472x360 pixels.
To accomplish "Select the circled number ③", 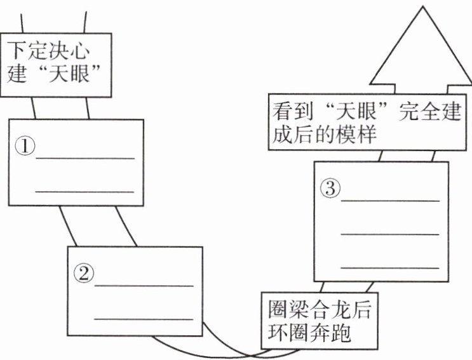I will (x=330, y=189).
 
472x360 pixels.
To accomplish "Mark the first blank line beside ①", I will (x=85, y=157).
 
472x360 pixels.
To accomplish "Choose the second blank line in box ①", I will (x=85, y=190).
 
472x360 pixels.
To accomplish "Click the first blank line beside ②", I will (x=144, y=286).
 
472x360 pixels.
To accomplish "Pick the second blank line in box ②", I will (x=144, y=318).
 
